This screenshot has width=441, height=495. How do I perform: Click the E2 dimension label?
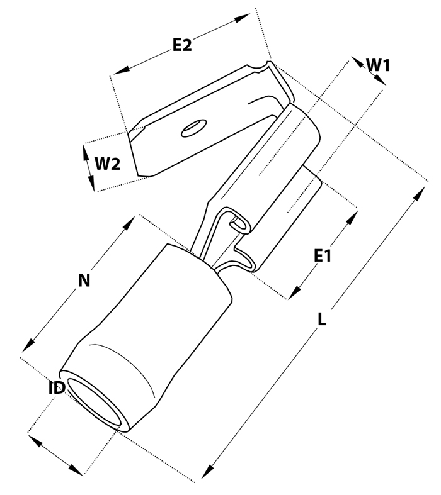click(182, 45)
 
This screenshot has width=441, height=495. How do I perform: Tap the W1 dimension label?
click(378, 65)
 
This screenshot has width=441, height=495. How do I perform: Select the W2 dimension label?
click(108, 164)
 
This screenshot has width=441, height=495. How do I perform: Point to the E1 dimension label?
click(323, 256)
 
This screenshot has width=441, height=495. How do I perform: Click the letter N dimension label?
click(84, 281)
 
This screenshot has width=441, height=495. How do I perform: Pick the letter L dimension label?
click(321, 319)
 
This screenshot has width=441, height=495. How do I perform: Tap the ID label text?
click(57, 388)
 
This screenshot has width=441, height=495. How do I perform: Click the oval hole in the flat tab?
click(194, 128)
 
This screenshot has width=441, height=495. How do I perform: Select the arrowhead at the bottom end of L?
click(206, 471)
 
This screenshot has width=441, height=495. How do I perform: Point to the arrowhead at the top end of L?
click(420, 194)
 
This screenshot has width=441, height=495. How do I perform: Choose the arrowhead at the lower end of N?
click(28, 345)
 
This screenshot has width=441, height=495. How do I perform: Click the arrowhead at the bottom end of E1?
click(294, 292)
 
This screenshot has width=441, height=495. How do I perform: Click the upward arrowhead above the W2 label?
click(86, 152)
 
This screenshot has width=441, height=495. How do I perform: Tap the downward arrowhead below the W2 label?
click(91, 183)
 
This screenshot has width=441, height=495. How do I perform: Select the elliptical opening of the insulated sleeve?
click(94, 403)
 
